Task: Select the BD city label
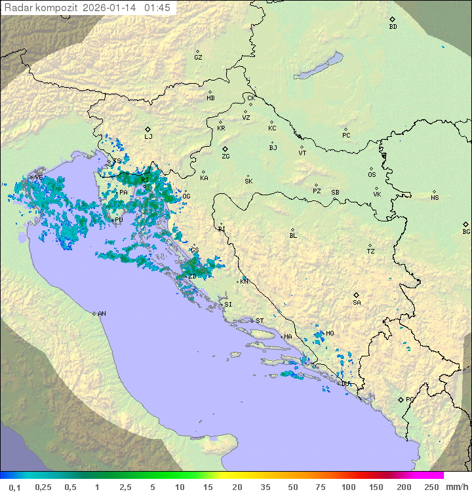[x=393, y=27]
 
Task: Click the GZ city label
[x=198, y=57]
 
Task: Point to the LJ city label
[x=148, y=137]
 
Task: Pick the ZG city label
[x=226, y=157]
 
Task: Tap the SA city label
[x=357, y=302]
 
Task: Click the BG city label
[x=466, y=231]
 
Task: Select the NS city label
[x=435, y=198]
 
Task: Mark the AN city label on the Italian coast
[x=102, y=314]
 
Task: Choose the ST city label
[x=260, y=320]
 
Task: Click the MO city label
[x=330, y=333]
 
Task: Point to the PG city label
[x=410, y=399]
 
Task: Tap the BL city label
[x=293, y=235]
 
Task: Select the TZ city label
[x=371, y=251]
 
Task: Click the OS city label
[x=372, y=175]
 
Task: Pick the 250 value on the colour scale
[x=431, y=487]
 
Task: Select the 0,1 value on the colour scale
[x=14, y=487]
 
